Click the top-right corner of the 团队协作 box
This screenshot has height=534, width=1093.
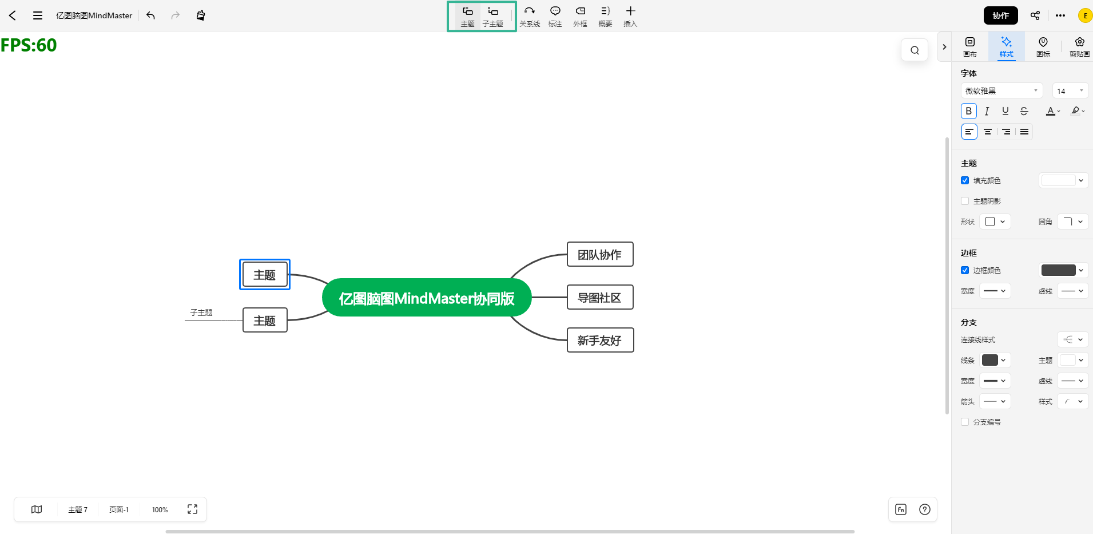coord(633,242)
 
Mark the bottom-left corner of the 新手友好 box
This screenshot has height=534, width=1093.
coord(567,352)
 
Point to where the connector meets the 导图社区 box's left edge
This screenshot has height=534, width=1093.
coord(567,298)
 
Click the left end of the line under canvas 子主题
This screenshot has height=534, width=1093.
coord(185,320)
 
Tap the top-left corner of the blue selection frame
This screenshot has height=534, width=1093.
coord(240,259)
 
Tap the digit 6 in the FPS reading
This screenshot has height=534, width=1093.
coord(43,45)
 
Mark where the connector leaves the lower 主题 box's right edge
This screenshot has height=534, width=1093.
coord(287,320)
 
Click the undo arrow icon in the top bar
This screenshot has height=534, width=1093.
coord(151,15)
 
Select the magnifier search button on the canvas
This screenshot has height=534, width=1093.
coord(915,50)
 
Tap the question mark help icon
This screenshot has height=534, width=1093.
coord(925,509)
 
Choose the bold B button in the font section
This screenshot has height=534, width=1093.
coord(969,111)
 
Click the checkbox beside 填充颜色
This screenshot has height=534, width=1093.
coord(965,180)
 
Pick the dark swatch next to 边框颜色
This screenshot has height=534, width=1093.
coord(1058,270)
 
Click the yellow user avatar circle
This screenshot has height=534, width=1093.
coord(1085,15)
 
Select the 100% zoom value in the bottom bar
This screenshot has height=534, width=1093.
coord(160,510)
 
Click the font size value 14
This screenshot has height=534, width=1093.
coord(1062,91)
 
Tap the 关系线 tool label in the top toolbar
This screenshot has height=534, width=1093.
coord(530,24)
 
